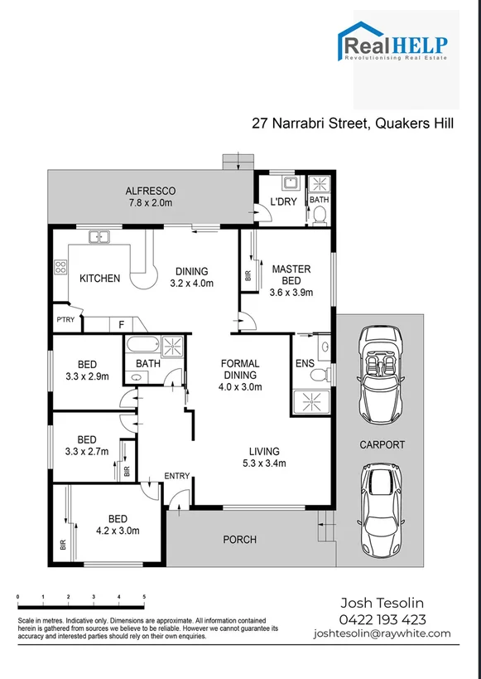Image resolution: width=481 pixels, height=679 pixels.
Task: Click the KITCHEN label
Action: [100, 279]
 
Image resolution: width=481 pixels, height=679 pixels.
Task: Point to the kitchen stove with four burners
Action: [60, 268]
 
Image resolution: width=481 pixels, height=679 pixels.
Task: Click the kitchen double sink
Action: [100, 237]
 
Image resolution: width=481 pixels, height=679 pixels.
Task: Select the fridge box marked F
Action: [121, 325]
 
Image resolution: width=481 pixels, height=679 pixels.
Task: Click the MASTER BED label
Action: [291, 274]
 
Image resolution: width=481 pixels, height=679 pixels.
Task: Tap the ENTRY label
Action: [177, 476]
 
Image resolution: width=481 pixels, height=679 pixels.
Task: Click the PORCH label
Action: [239, 540]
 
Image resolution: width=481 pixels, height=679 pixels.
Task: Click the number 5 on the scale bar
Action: [145, 597]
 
